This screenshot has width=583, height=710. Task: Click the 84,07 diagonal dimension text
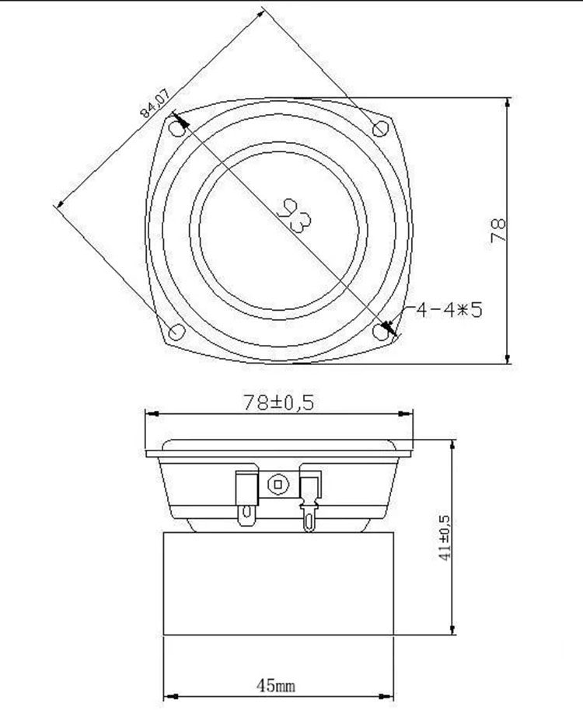coord(155,103)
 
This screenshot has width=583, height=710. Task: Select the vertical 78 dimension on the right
coord(497,230)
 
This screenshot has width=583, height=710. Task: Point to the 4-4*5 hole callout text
coord(449,310)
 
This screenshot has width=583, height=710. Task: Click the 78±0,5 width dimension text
coord(278,402)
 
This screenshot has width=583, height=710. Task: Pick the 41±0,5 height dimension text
coord(445,538)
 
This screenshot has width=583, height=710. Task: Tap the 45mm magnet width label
coord(275,686)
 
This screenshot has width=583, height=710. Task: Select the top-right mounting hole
coord(380,129)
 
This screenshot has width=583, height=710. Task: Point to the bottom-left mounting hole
coord(176,332)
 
